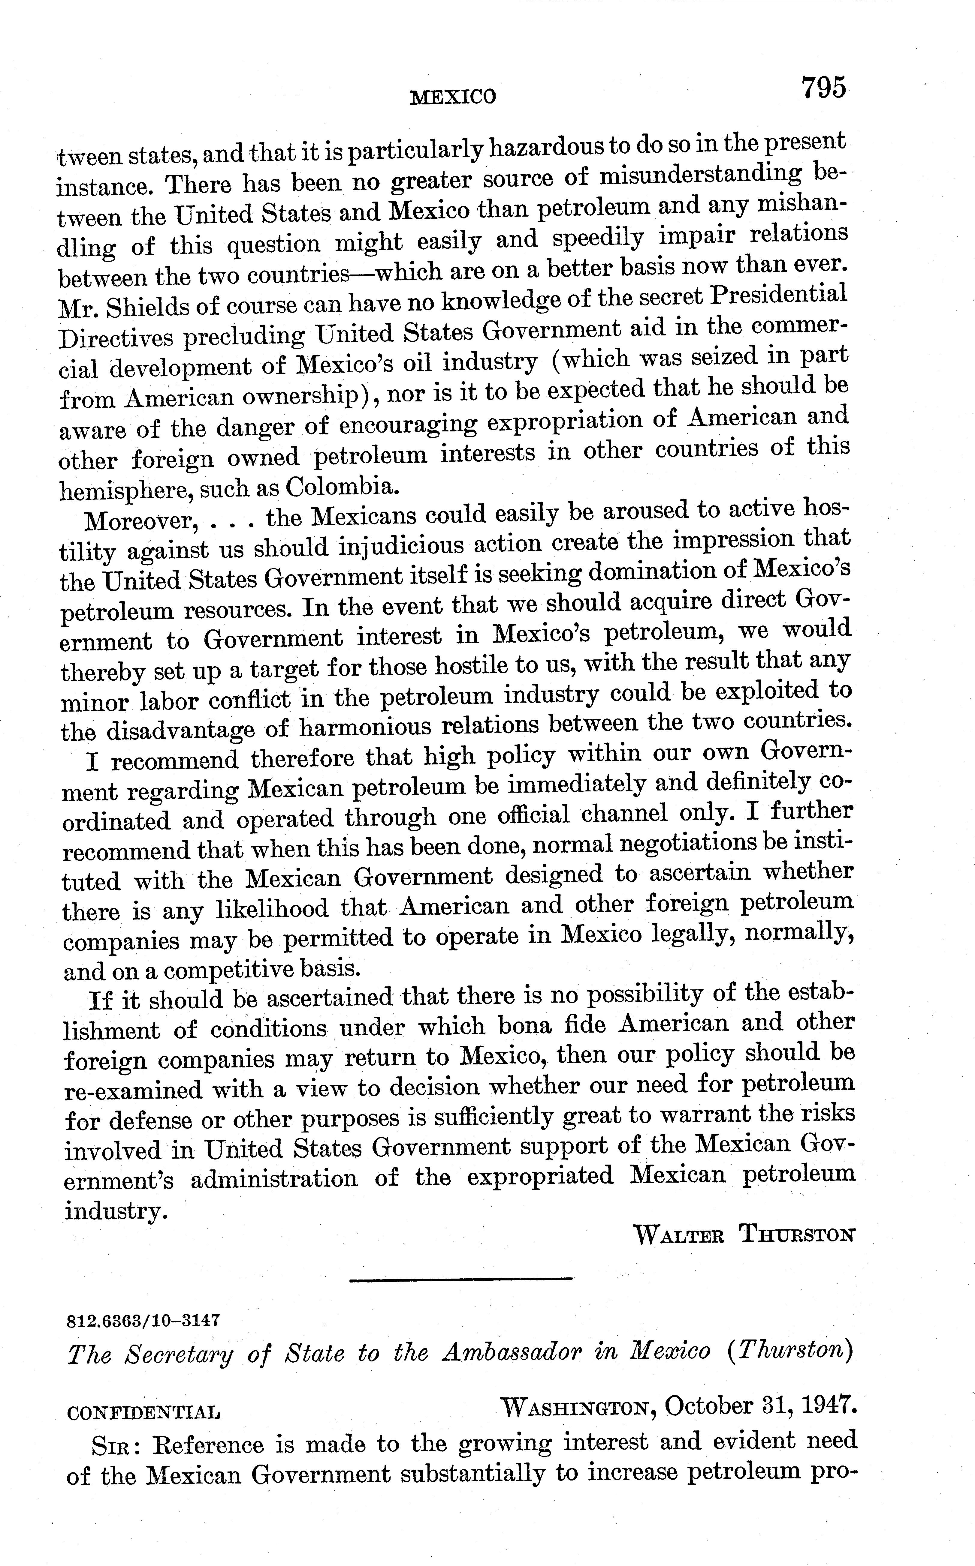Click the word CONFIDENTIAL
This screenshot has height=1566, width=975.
143,1413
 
